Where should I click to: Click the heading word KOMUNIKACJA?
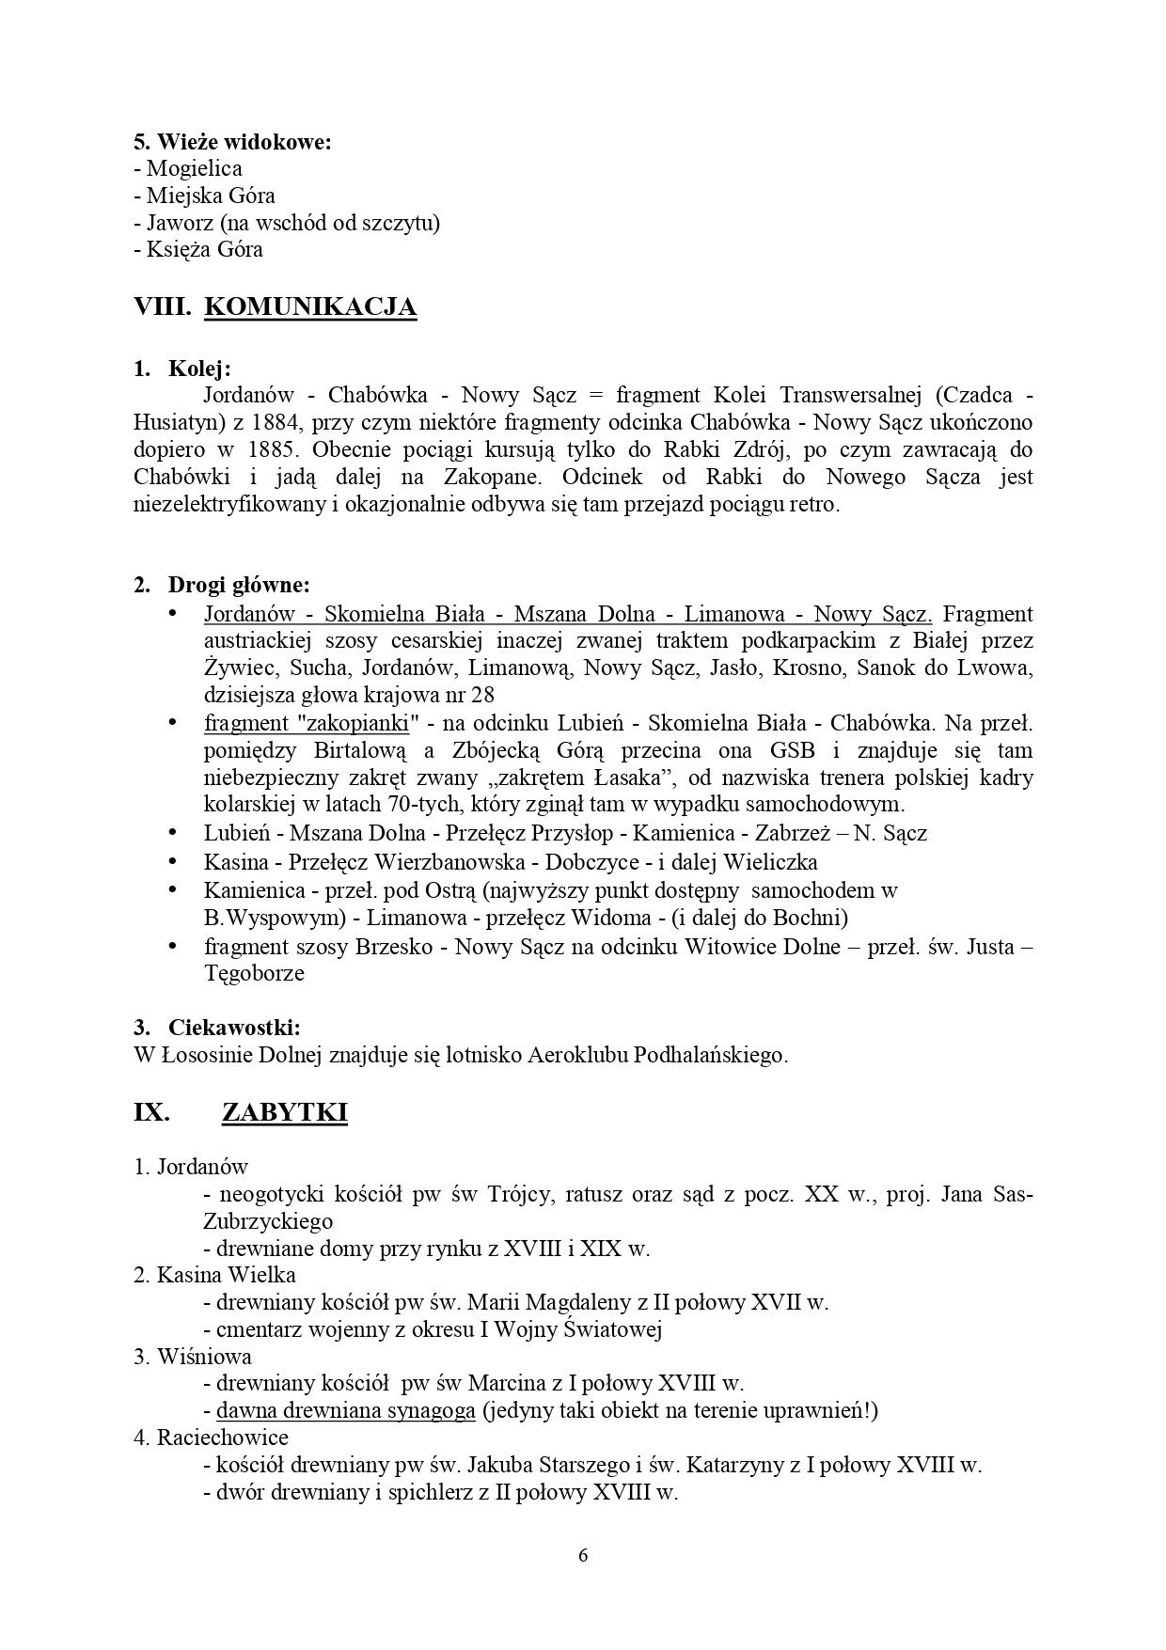click(310, 307)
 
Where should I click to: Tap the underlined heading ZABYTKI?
click(284, 1112)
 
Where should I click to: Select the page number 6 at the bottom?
click(583, 1555)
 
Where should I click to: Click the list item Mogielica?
click(195, 169)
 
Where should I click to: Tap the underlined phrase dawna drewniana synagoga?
click(345, 1411)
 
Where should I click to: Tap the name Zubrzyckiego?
click(268, 1221)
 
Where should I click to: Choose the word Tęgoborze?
click(255, 973)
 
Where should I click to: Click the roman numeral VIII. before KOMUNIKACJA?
click(163, 307)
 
